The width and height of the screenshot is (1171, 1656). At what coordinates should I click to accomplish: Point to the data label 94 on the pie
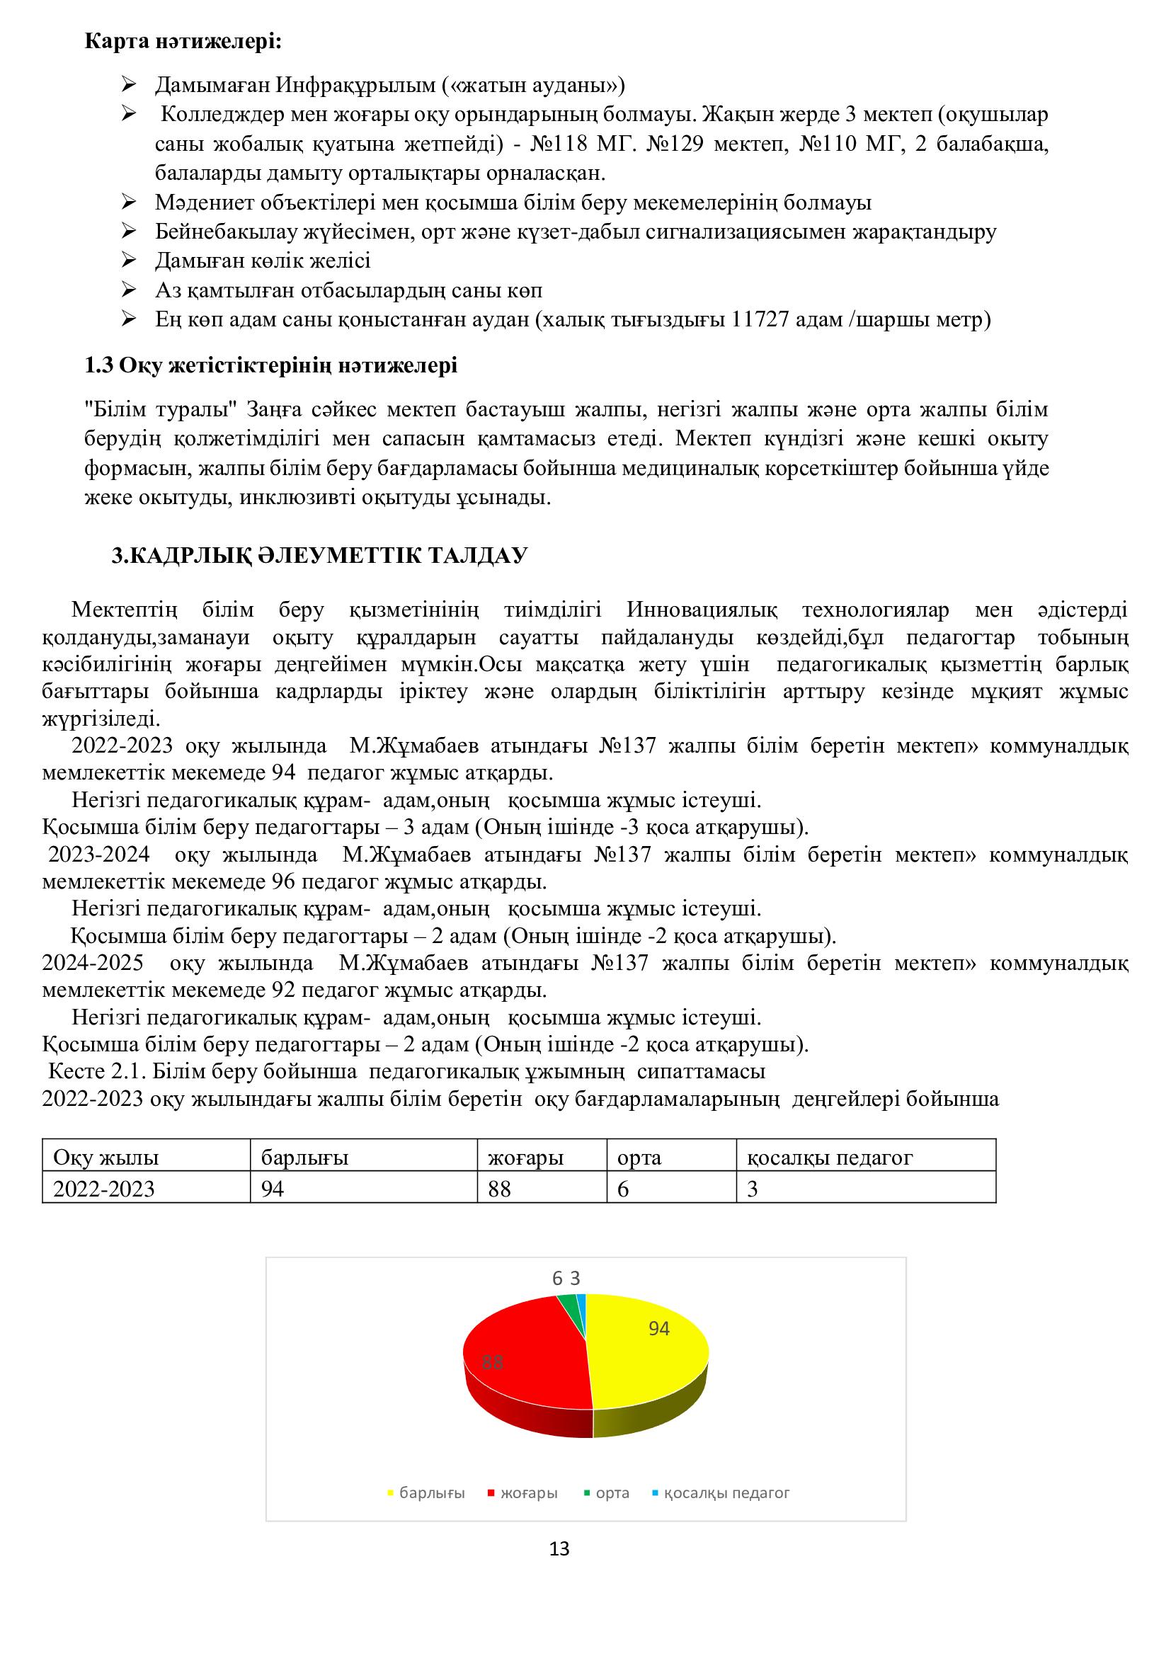[x=659, y=1328]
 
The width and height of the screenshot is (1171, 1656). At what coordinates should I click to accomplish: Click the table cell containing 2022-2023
[x=105, y=1189]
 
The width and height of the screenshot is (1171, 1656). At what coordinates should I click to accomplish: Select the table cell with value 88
[x=500, y=1189]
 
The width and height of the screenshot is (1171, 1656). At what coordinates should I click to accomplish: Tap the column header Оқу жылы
[x=106, y=1158]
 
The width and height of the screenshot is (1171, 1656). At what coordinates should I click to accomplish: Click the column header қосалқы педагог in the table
[x=830, y=1158]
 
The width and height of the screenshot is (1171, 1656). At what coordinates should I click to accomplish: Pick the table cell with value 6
[x=624, y=1189]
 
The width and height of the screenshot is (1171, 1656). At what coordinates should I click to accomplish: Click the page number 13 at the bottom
[x=559, y=1548]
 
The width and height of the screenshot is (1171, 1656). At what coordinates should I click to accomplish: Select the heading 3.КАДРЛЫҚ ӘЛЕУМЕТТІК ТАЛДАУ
[x=319, y=555]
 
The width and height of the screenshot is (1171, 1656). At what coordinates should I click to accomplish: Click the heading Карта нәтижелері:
[x=183, y=41]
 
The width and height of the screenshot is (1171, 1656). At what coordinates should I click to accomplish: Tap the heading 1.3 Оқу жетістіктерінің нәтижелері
[x=271, y=365]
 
